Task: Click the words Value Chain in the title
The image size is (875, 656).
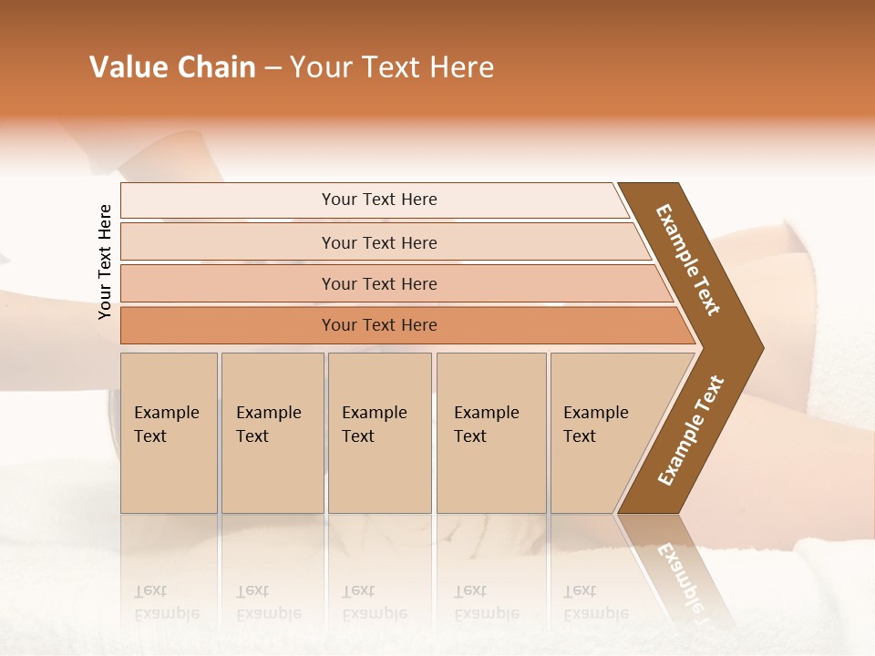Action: [172, 67]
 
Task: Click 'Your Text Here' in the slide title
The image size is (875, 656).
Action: [392, 67]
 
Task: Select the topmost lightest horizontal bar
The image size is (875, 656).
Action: [228, 200]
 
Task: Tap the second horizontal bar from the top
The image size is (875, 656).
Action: [228, 242]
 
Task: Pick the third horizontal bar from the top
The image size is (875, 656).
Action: [228, 283]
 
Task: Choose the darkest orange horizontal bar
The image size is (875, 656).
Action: [228, 325]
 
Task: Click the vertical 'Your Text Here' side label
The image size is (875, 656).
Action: [105, 261]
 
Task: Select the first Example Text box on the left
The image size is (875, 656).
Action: [169, 433]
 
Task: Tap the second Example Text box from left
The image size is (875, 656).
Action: [272, 433]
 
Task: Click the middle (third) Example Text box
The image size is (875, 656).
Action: [379, 433]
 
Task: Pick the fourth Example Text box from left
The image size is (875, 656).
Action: [490, 433]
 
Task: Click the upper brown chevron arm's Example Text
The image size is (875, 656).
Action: [688, 260]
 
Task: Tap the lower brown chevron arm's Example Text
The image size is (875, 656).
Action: [691, 431]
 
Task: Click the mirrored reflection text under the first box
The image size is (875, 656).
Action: [166, 602]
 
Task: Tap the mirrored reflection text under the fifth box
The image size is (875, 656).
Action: [595, 602]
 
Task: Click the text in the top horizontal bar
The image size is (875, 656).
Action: [379, 200]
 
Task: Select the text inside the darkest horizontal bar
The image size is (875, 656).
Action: [379, 325]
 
